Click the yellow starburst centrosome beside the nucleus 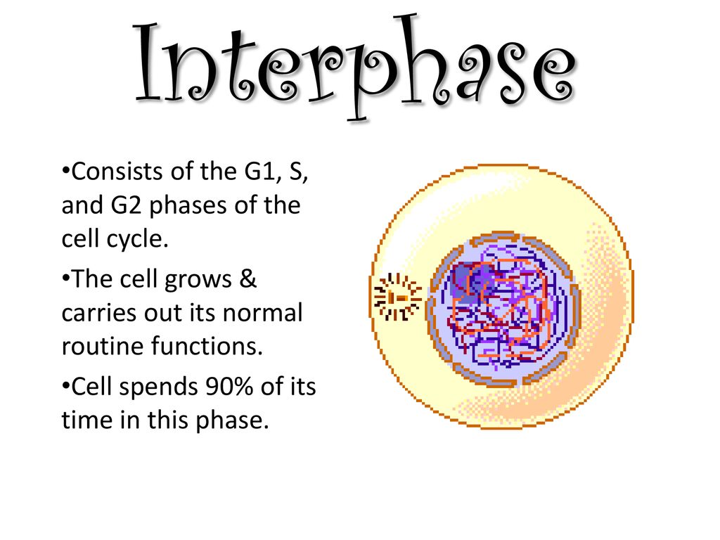click(397, 297)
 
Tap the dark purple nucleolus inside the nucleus click(465, 281)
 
